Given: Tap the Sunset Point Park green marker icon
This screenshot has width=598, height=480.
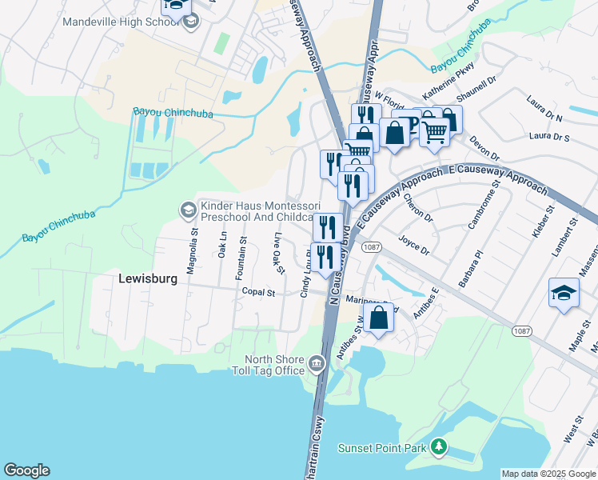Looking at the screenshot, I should (x=438, y=446).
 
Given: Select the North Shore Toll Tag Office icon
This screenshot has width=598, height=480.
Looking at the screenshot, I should (x=317, y=365).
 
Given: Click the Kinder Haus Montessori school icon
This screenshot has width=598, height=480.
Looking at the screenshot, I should (x=188, y=210).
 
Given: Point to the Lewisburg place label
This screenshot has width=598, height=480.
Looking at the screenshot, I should (x=146, y=279).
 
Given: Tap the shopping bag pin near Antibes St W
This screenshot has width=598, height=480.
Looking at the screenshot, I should (x=379, y=318).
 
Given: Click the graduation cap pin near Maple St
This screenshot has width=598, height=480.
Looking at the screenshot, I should (x=564, y=294).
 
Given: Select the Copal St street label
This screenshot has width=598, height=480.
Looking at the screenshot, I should (x=258, y=293).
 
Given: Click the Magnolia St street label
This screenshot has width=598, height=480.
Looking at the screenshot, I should (x=192, y=251).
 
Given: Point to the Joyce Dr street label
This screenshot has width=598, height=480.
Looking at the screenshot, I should (x=414, y=243).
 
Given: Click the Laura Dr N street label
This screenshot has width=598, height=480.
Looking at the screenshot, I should (x=545, y=109).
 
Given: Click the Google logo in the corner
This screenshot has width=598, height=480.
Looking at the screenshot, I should (x=26, y=470).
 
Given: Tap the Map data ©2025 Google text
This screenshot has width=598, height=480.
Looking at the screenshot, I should (x=548, y=474).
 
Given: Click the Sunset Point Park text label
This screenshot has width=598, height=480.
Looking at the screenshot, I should (x=382, y=448).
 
